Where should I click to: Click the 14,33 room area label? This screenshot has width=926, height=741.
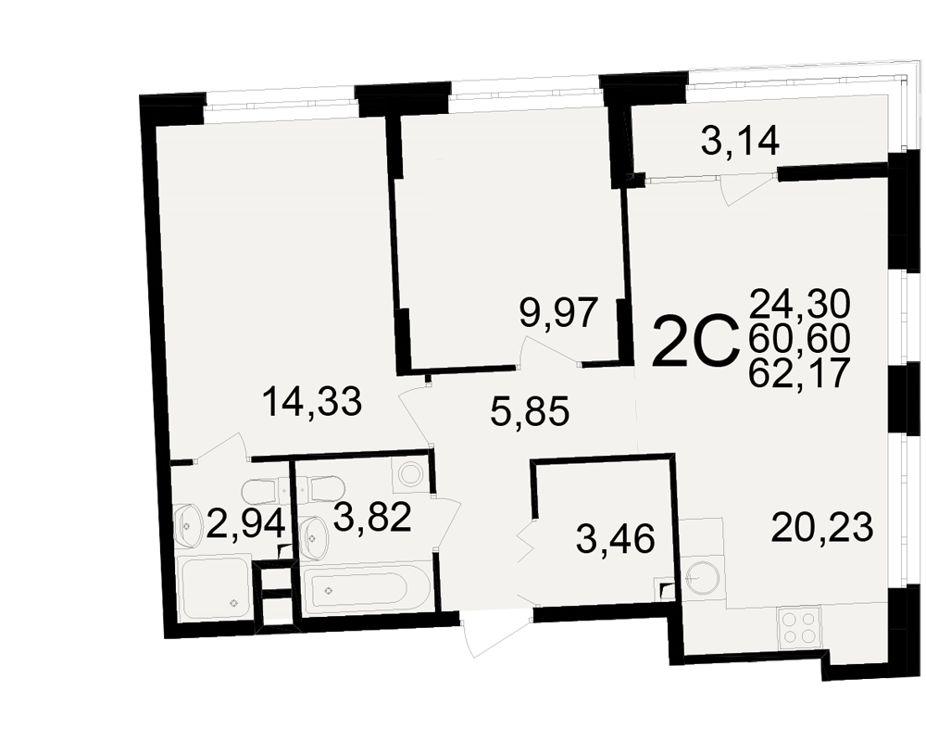click(x=311, y=402)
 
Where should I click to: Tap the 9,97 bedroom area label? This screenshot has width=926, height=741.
click(x=559, y=313)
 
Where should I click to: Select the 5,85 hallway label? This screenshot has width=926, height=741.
click(x=530, y=411)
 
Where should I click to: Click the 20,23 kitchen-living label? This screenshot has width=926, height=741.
click(x=822, y=528)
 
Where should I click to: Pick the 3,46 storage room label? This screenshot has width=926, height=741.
click(x=616, y=539)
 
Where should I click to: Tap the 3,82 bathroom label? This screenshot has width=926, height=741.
click(x=372, y=518)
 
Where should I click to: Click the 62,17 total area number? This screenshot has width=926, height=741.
click(x=799, y=372)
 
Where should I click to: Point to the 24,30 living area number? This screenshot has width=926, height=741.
click(x=800, y=305)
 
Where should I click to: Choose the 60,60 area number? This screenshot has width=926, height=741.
click(x=799, y=339)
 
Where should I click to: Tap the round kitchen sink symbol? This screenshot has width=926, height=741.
click(x=703, y=576)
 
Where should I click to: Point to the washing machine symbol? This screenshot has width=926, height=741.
click(x=409, y=474)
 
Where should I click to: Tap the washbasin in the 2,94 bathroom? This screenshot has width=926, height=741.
click(x=188, y=525)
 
